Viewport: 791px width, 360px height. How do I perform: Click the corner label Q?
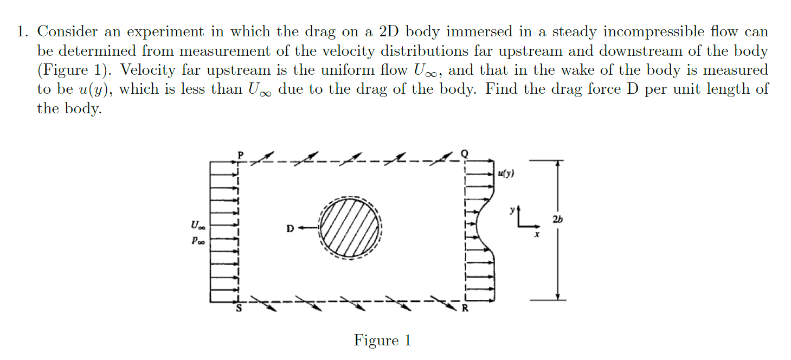(x=464, y=153)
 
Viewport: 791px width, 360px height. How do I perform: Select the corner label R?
(x=465, y=309)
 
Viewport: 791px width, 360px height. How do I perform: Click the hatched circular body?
(x=350, y=228)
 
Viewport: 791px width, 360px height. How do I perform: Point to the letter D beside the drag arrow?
(x=290, y=229)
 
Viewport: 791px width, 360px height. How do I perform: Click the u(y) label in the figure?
(x=506, y=174)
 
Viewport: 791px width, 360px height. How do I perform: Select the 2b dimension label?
(x=557, y=219)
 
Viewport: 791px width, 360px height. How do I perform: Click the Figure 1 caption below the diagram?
(x=382, y=340)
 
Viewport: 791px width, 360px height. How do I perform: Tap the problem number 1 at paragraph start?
(x=21, y=32)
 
